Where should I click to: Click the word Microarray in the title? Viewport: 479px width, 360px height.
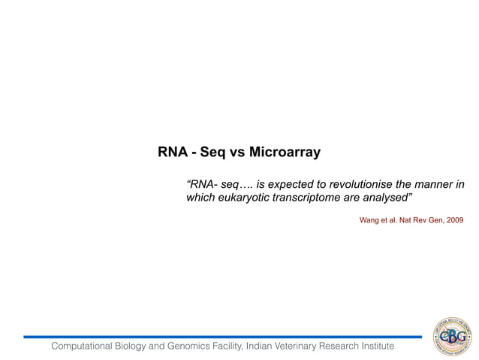click(x=285, y=153)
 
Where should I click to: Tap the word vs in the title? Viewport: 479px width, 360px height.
click(x=237, y=153)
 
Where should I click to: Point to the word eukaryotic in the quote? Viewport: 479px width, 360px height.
click(x=242, y=198)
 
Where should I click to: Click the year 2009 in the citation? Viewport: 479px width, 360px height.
click(x=454, y=220)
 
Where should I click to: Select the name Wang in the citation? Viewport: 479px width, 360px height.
click(x=369, y=220)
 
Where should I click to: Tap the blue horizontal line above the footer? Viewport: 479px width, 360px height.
click(x=225, y=337)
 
